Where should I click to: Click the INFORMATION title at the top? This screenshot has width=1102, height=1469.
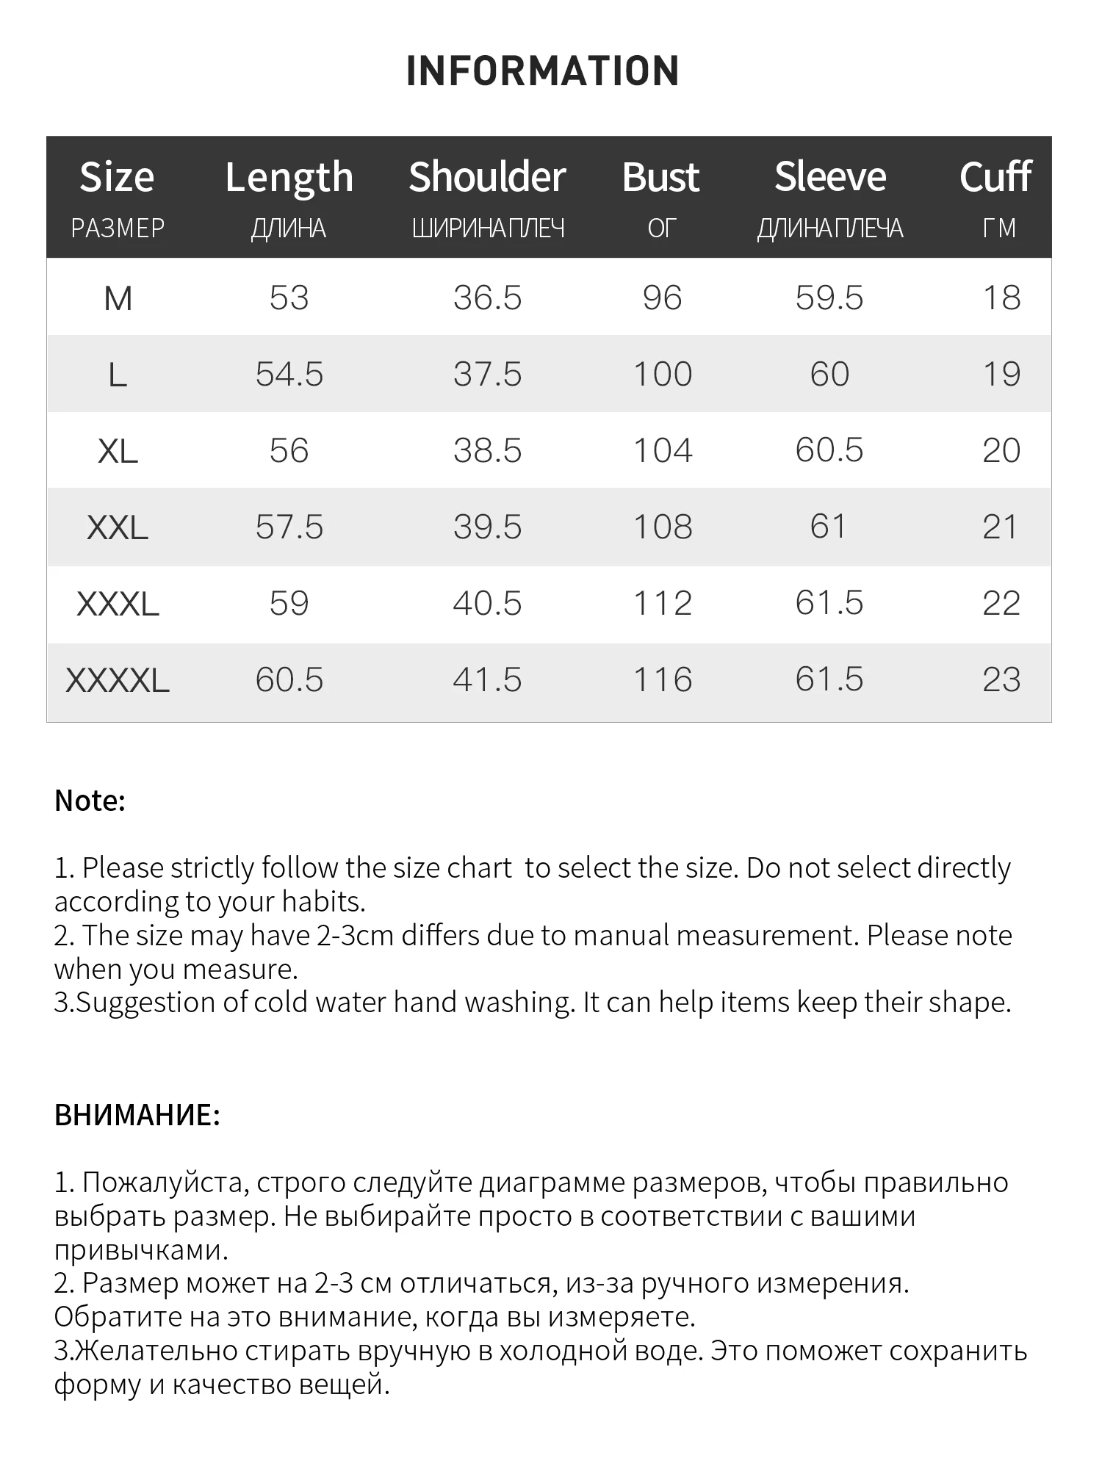542,71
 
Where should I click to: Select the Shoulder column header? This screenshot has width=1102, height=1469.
487,178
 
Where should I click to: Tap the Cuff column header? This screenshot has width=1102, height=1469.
995,178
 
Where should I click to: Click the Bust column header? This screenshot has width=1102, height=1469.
660,178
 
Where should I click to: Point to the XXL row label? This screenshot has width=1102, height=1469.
118,527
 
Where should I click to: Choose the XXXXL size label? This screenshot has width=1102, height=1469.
118,680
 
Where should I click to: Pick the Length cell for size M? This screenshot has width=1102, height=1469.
289,298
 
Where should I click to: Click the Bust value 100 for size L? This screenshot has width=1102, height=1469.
663,375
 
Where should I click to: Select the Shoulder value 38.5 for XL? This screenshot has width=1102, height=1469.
487,451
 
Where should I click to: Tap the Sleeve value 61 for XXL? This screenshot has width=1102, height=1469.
829,527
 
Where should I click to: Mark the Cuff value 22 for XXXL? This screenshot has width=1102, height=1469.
1001,604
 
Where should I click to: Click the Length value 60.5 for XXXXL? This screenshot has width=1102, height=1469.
289,680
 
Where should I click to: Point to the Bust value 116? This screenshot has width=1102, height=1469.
663,680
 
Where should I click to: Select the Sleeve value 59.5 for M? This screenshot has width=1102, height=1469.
829,298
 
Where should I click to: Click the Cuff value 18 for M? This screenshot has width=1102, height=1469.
1001,298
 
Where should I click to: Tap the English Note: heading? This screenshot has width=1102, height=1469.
90,801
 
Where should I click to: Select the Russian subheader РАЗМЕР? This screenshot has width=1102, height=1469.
118,229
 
